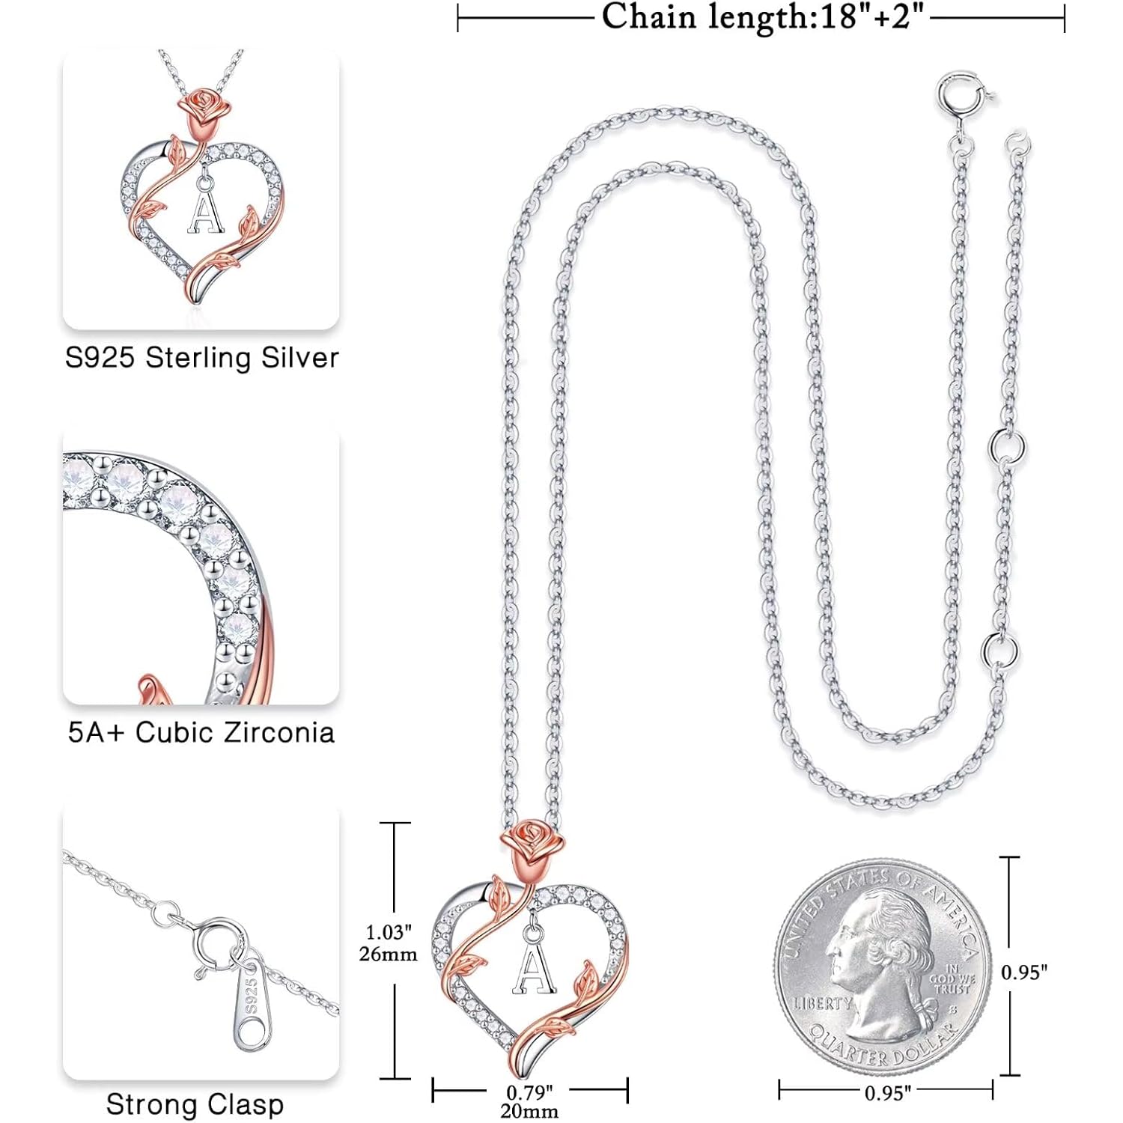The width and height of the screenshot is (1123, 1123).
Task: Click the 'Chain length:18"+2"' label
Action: (763, 16)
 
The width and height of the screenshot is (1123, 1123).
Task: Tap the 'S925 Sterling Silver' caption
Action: (202, 358)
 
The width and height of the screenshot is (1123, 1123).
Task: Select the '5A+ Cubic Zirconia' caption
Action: (201, 732)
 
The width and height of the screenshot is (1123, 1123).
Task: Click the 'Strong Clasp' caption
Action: (195, 1104)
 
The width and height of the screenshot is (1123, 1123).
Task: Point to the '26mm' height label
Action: (388, 954)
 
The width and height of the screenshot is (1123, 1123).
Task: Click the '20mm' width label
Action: (529, 1111)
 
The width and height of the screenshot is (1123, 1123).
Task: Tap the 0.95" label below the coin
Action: (888, 1093)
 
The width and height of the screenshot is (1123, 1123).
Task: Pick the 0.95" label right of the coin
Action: (1024, 972)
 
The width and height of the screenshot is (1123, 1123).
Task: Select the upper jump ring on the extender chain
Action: (1006, 448)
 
